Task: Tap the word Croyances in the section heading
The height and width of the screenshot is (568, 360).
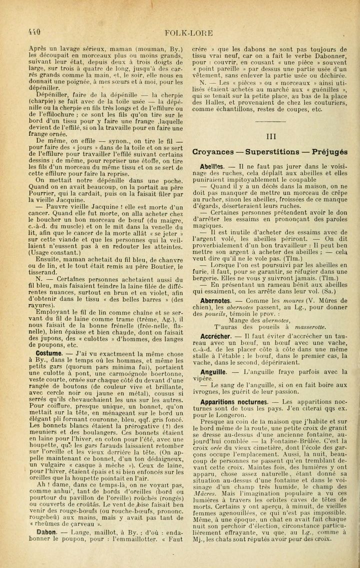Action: tap(212, 152)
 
